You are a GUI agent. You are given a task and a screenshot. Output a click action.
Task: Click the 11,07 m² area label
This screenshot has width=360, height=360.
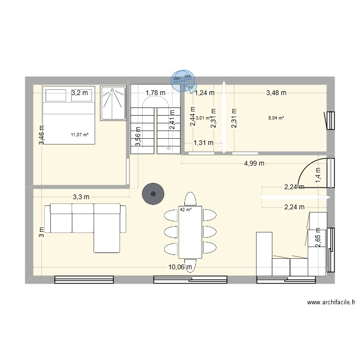point(79,135)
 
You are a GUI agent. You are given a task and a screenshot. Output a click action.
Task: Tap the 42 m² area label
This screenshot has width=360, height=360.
point(186,209)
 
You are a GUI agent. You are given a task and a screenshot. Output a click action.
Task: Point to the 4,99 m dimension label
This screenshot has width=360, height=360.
point(254,163)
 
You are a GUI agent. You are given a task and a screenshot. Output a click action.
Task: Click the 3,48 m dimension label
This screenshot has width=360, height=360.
point(276,93)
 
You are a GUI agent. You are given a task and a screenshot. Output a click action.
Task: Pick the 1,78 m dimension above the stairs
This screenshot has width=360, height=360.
point(156,93)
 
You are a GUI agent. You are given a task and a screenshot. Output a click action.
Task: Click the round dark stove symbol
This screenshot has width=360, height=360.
point(154,194)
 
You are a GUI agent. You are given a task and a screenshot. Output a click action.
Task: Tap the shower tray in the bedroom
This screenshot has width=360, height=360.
point(114,103)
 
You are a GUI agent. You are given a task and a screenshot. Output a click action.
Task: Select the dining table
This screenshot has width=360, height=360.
point(190,233)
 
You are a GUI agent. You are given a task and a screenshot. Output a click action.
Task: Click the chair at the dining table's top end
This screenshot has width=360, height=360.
point(190,199)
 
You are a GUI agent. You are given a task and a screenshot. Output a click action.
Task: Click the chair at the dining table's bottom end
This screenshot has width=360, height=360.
point(190,266)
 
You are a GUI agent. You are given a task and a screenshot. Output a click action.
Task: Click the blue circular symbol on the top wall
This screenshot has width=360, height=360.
point(182,81)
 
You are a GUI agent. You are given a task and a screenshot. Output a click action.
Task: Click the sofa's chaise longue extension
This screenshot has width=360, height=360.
point(107,240)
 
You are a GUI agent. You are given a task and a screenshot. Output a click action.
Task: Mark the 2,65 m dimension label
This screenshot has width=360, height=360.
point(317,238)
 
